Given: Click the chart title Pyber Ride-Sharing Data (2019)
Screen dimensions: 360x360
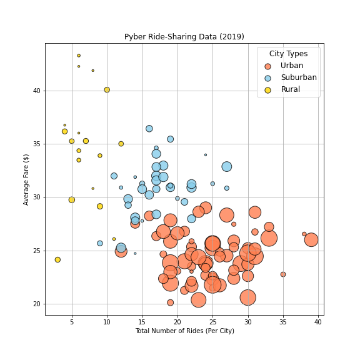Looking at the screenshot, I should click(x=184, y=37).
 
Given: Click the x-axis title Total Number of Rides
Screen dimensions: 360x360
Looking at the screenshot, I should click(x=184, y=331).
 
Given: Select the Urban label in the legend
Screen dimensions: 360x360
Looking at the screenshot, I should click(x=292, y=66).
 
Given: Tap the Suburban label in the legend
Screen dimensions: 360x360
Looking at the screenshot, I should click(x=299, y=77).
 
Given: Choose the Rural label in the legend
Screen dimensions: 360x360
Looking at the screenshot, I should click(x=290, y=89).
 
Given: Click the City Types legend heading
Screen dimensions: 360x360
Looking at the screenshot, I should click(x=288, y=54).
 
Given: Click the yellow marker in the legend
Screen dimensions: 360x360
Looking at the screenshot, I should click(x=268, y=90).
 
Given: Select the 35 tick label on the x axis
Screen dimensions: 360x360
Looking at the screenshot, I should click(x=283, y=322).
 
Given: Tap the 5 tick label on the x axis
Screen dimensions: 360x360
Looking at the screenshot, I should click(x=72, y=322).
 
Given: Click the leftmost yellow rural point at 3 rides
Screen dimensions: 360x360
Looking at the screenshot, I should click(x=57, y=259).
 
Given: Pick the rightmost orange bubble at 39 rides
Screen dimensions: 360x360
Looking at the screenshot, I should click(x=311, y=239).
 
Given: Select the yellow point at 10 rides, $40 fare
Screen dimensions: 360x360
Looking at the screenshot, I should click(x=107, y=90).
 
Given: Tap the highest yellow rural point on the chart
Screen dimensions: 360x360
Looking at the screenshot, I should click(x=79, y=56).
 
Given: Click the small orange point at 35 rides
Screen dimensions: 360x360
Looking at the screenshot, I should click(x=283, y=274).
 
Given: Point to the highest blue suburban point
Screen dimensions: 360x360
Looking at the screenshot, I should click(x=149, y=129).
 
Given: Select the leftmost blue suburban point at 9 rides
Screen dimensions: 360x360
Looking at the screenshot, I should click(x=100, y=243).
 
